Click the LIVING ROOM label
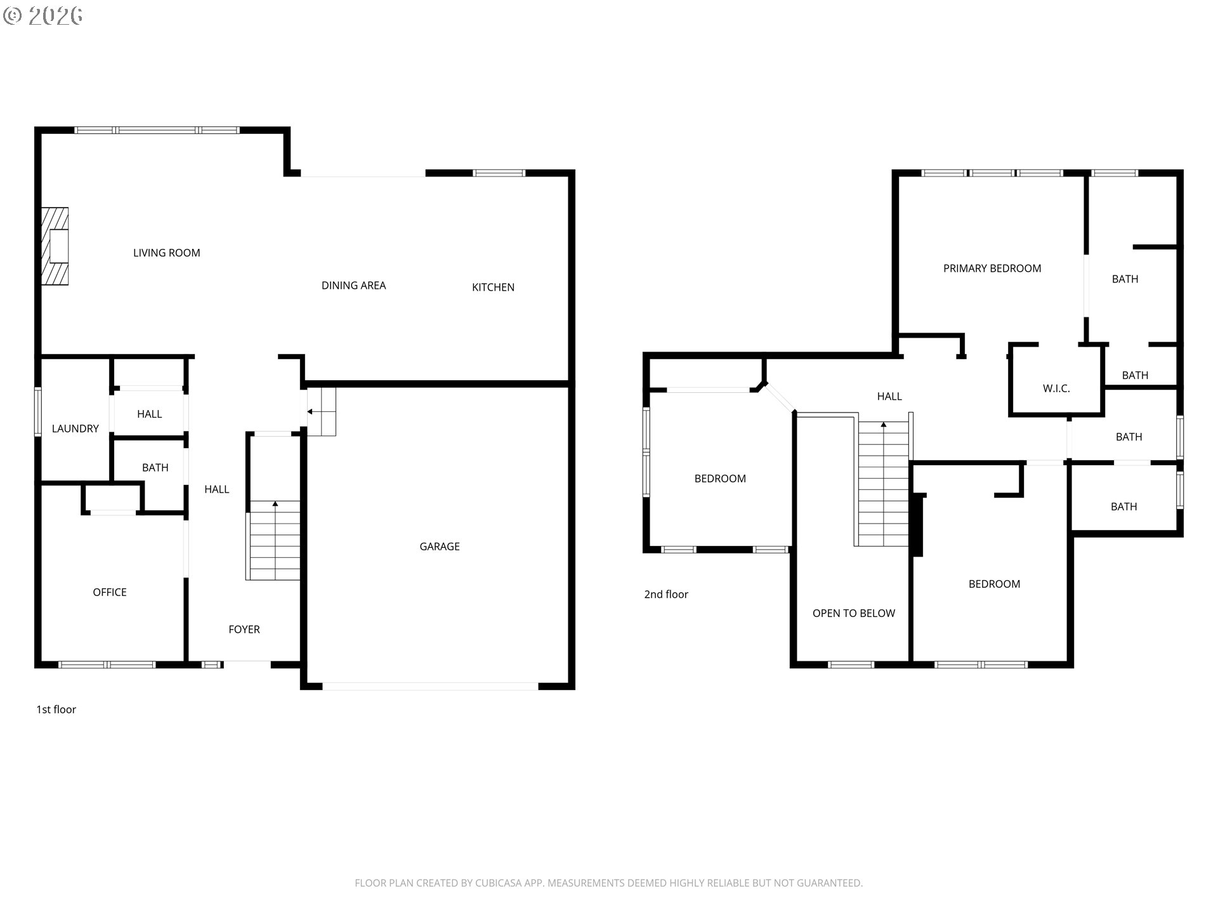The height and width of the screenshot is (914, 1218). point(166,253)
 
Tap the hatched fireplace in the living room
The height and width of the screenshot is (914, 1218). point(55,246)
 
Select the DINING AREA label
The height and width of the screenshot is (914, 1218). point(353,286)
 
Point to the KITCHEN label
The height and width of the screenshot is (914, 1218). point(493,288)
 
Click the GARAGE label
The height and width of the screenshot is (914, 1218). point(440,546)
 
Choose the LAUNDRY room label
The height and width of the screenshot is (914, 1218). point(75,429)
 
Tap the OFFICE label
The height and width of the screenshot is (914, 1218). point(110,592)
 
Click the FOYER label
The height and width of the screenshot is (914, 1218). point(244,630)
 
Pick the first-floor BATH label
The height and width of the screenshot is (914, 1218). point(155,468)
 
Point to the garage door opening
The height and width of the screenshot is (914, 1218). point(430,686)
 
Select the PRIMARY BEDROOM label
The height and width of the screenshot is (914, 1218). point(992,268)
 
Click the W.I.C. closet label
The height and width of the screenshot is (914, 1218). point(1056,388)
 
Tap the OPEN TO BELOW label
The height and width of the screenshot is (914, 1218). point(854,613)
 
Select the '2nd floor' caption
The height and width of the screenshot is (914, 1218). point(666,594)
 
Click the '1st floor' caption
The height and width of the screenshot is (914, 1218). point(56,710)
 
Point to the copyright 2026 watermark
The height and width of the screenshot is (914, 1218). point(43,15)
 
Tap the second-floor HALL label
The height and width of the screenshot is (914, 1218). point(889,397)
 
